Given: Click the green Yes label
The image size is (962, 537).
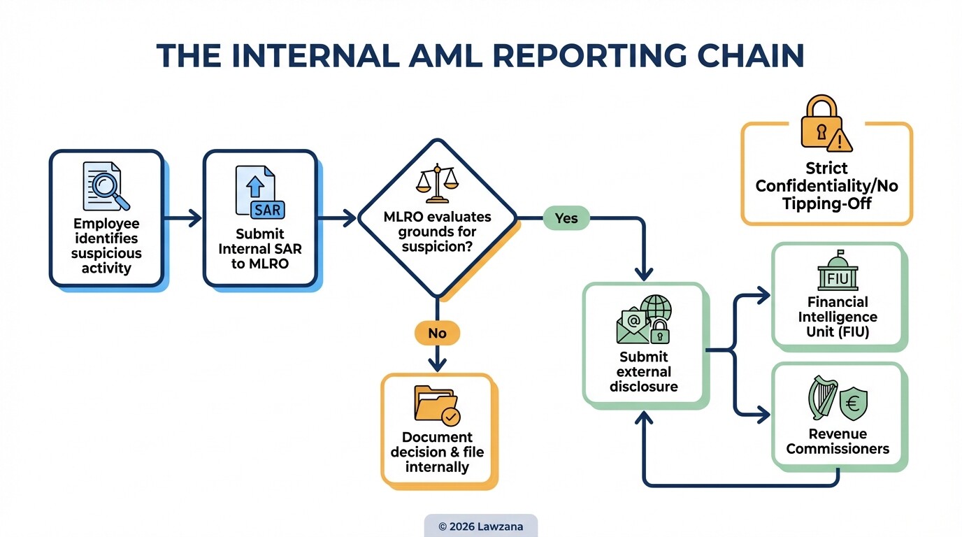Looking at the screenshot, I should click(x=566, y=218).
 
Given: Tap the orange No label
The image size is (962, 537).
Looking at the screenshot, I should click(x=437, y=334).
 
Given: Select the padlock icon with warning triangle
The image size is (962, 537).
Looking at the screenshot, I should click(x=825, y=124).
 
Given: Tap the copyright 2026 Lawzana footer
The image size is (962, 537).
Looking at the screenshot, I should click(x=480, y=526).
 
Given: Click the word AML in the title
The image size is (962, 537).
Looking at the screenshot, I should click(x=435, y=57).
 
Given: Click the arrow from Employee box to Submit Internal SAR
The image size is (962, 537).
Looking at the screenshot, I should click(x=183, y=219).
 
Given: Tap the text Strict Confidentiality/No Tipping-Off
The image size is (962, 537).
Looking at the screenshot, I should click(x=826, y=187).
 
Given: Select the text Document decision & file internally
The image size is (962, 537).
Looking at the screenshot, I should click(x=437, y=452).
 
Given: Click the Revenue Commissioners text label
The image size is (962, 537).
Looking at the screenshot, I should click(x=838, y=441).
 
